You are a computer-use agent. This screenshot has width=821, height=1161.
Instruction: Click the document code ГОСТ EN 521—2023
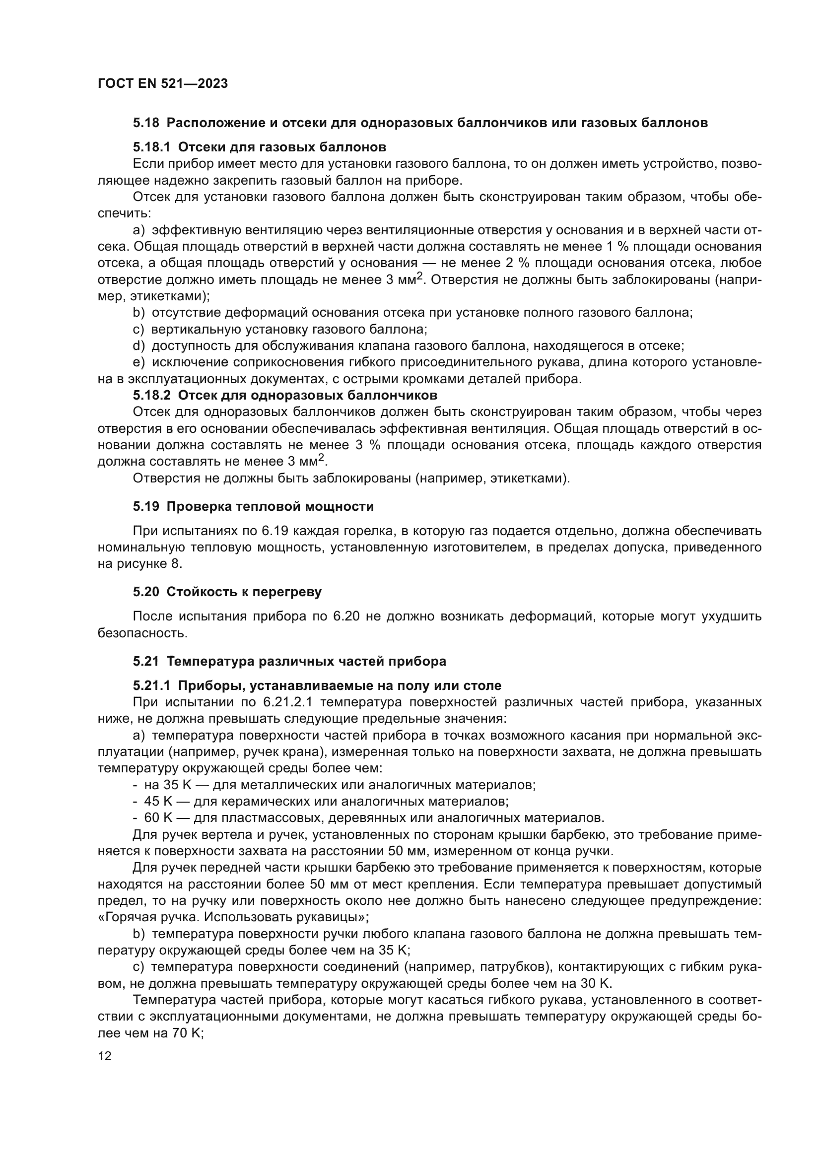click(162, 84)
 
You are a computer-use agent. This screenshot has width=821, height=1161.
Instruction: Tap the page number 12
click(105, 1056)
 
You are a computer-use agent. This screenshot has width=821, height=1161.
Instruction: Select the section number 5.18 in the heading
click(146, 123)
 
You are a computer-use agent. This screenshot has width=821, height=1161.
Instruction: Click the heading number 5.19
click(146, 507)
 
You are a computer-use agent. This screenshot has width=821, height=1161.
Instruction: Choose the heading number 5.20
click(146, 592)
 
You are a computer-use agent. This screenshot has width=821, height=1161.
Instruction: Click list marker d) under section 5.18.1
click(138, 346)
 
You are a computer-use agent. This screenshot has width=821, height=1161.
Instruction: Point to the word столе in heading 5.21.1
click(482, 685)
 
